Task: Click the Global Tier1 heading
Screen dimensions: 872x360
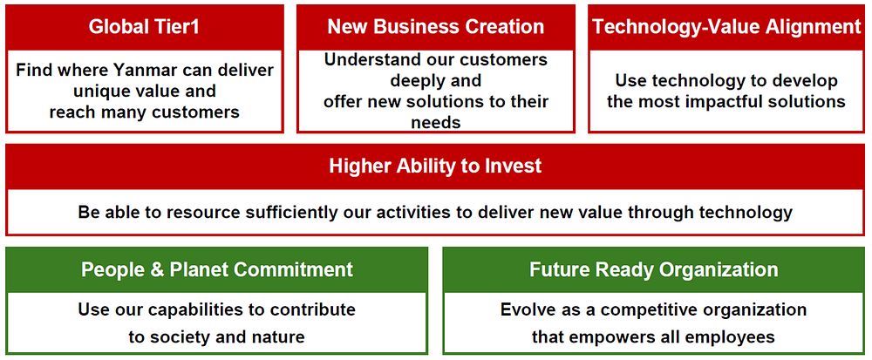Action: [144, 27]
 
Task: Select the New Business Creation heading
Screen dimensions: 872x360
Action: [435, 27]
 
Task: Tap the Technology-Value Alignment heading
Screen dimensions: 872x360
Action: [726, 27]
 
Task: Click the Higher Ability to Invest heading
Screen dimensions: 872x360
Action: [435, 166]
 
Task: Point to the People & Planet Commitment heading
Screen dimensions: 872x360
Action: [217, 269]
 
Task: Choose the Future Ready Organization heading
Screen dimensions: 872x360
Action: [653, 269]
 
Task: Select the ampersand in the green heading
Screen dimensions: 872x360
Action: [159, 270]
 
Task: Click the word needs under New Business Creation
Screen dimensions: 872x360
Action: [435, 122]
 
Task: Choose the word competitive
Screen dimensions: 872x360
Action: [643, 309]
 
